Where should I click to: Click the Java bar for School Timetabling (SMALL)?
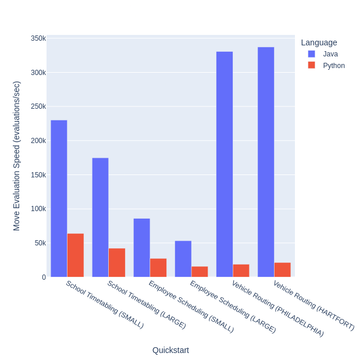click(x=59, y=198)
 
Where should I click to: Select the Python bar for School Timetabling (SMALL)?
click(x=76, y=255)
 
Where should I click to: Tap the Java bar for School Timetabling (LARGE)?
click(x=100, y=218)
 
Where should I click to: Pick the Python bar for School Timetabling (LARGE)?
click(x=117, y=263)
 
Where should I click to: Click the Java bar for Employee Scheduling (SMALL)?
click(x=141, y=248)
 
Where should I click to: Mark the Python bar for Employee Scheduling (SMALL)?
click(x=158, y=268)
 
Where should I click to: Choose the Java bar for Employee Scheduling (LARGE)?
click(x=183, y=259)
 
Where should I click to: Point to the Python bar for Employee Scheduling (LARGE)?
click(x=200, y=272)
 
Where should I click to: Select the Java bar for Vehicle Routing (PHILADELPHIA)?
click(x=225, y=164)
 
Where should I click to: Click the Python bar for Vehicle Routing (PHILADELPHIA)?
click(x=241, y=270)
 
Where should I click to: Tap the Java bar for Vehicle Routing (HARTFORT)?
click(x=266, y=162)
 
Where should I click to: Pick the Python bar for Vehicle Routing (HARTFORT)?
click(x=282, y=270)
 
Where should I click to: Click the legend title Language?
click(x=319, y=42)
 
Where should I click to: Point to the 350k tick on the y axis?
click(x=38, y=38)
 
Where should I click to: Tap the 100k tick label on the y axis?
click(x=38, y=209)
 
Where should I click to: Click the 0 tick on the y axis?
click(x=44, y=277)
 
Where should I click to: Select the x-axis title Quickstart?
click(x=170, y=350)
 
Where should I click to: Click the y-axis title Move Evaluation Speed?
click(x=16, y=156)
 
